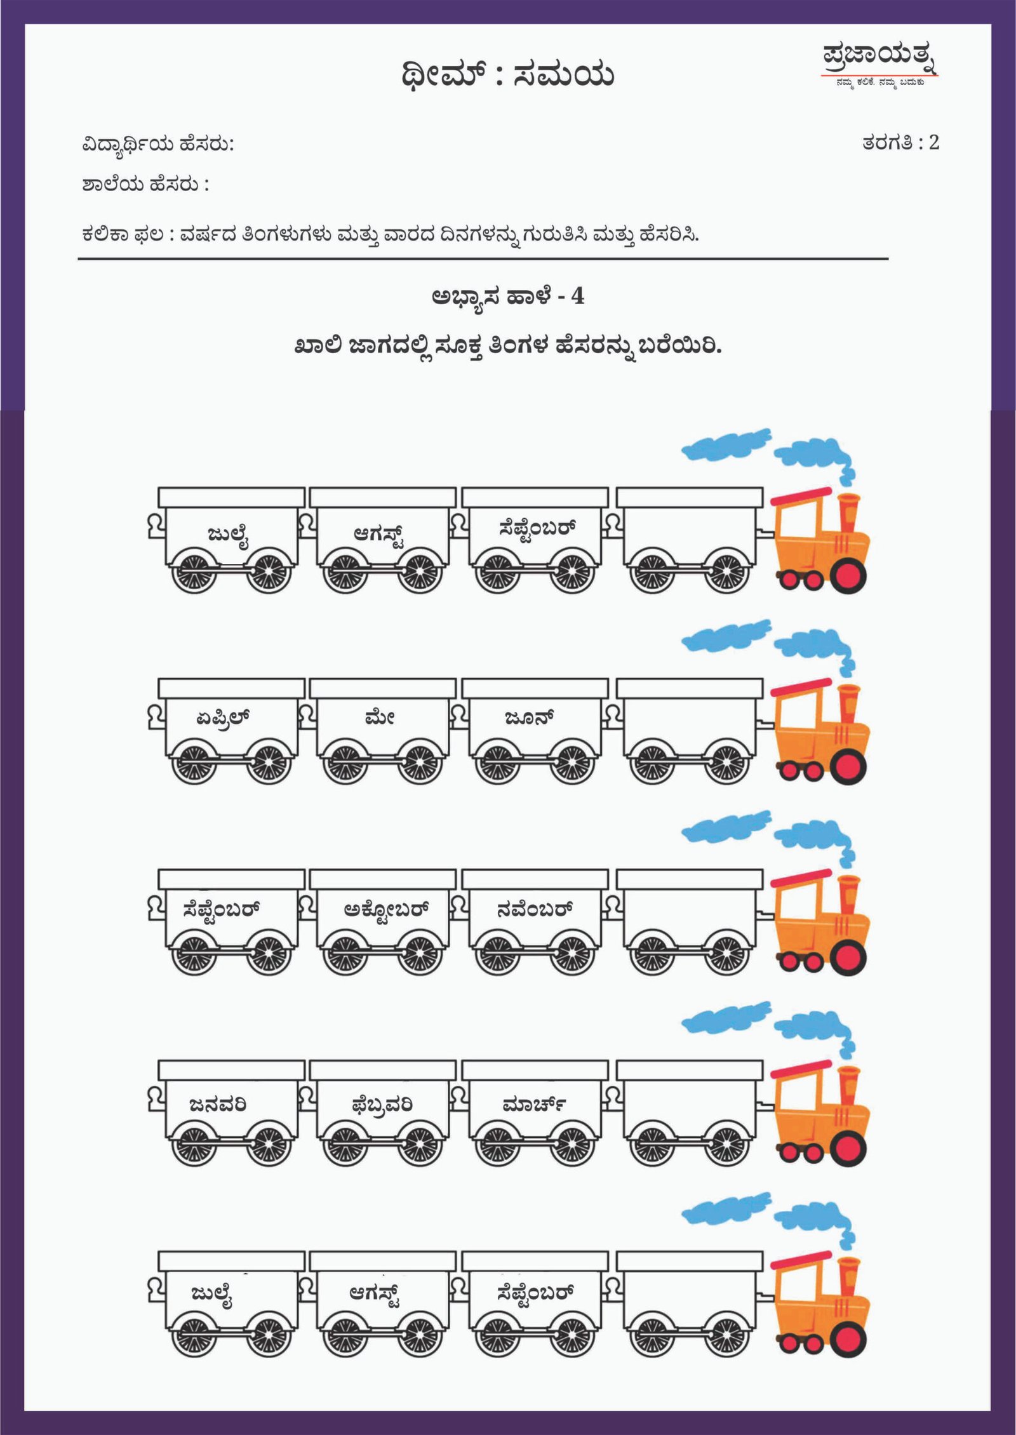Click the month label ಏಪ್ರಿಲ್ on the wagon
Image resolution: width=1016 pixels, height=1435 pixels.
click(223, 718)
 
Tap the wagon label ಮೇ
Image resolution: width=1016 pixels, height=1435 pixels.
click(380, 717)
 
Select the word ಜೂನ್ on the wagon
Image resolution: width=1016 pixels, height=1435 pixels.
click(530, 717)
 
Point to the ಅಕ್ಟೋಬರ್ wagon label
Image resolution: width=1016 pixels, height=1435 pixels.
click(386, 911)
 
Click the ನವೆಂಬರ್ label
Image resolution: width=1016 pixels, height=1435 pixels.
click(535, 909)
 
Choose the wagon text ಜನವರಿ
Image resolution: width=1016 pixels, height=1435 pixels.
click(217, 1105)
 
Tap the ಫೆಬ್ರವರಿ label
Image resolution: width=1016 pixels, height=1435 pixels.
click(382, 1105)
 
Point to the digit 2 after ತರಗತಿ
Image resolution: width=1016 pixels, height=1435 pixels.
click(933, 142)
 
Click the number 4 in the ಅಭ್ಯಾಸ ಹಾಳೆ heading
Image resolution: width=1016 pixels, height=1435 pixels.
click(577, 296)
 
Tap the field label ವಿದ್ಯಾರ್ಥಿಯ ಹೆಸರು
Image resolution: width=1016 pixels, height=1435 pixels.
click(158, 145)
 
